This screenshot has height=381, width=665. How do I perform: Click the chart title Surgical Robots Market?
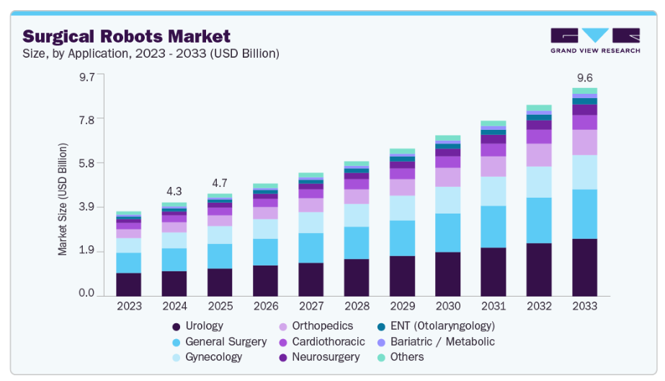tap(127, 36)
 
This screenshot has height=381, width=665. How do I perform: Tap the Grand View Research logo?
tap(594, 40)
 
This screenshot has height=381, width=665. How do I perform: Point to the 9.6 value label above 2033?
tap(584, 77)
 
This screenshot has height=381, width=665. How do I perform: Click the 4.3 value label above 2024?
tap(174, 191)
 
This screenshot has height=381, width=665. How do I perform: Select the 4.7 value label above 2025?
tap(219, 183)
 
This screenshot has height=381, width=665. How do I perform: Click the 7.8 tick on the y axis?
tap(86, 119)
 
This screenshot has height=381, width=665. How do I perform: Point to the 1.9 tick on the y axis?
tap(86, 250)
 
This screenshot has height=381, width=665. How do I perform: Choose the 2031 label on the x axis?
tap(493, 307)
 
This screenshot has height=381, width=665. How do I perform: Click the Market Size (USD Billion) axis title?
tap(63, 199)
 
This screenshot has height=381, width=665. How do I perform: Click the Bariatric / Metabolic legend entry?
tap(439, 341)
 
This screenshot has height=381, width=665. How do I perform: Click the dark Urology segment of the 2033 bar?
tap(584, 267)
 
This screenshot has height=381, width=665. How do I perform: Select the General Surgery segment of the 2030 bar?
tap(447, 232)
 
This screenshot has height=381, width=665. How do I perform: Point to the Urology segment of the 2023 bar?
tap(128, 284)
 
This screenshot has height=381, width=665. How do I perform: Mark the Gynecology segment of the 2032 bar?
tap(538, 182)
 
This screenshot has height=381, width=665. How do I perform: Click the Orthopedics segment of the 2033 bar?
tap(584, 142)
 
